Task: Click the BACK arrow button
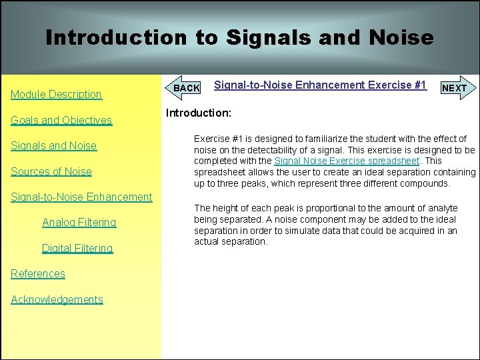pyautogui.click(x=185, y=88)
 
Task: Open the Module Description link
pyautogui.click(x=57, y=95)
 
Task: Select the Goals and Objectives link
pyautogui.click(x=61, y=121)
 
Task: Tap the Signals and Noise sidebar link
pyautogui.click(x=53, y=146)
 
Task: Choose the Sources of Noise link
pyautogui.click(x=51, y=171)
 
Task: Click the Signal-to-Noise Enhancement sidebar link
pyautogui.click(x=81, y=197)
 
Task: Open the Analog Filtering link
pyautogui.click(x=79, y=222)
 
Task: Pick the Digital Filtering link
pyautogui.click(x=77, y=248)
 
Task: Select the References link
pyautogui.click(x=38, y=273)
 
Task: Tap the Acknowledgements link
pyautogui.click(x=57, y=299)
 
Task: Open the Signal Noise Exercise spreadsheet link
pyautogui.click(x=347, y=161)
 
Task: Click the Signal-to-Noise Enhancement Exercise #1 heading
pyautogui.click(x=320, y=85)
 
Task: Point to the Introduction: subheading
pyautogui.click(x=198, y=113)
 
